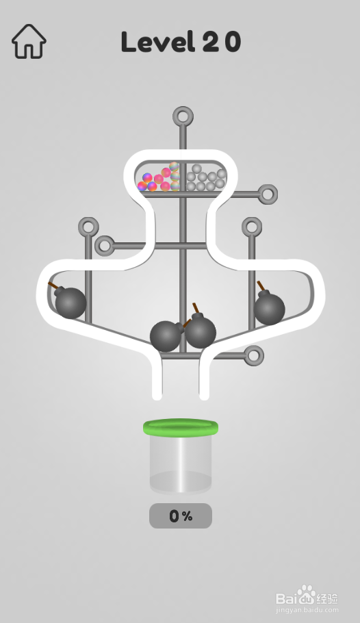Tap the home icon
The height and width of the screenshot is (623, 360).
(29, 41)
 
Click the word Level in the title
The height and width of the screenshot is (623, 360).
(157, 41)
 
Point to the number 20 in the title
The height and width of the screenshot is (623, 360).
(222, 42)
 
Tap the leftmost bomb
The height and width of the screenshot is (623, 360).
(70, 303)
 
